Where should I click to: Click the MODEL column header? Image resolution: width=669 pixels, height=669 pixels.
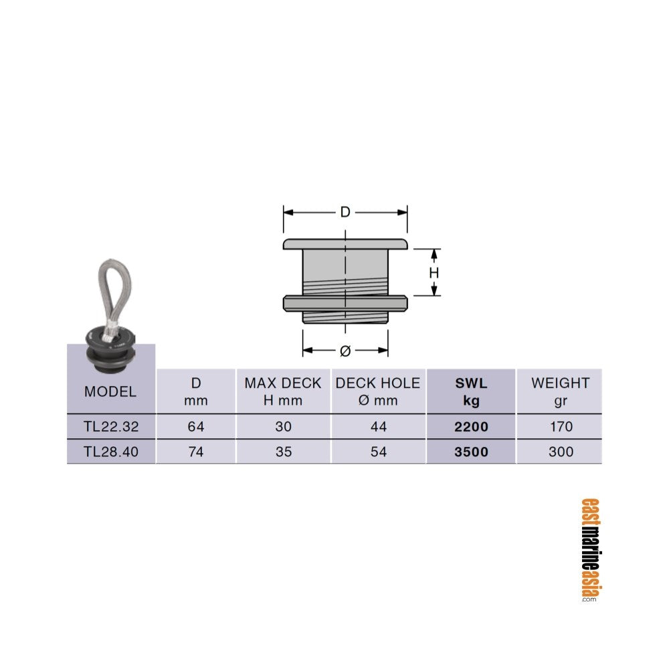point(110,391)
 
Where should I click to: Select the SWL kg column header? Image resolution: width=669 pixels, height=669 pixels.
point(471,391)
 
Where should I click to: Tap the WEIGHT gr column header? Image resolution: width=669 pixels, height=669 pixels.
point(560,391)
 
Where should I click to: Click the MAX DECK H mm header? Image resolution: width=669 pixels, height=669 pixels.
point(283,391)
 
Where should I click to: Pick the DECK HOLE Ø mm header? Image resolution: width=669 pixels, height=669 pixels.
point(378,391)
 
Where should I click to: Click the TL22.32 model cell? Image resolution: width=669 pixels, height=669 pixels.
point(111,426)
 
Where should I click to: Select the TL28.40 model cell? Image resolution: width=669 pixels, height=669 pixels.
point(111,452)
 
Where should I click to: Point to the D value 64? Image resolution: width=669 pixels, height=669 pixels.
point(196,426)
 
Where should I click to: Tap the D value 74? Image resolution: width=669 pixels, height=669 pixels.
point(196,452)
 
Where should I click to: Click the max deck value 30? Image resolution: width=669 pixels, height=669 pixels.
point(283,426)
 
